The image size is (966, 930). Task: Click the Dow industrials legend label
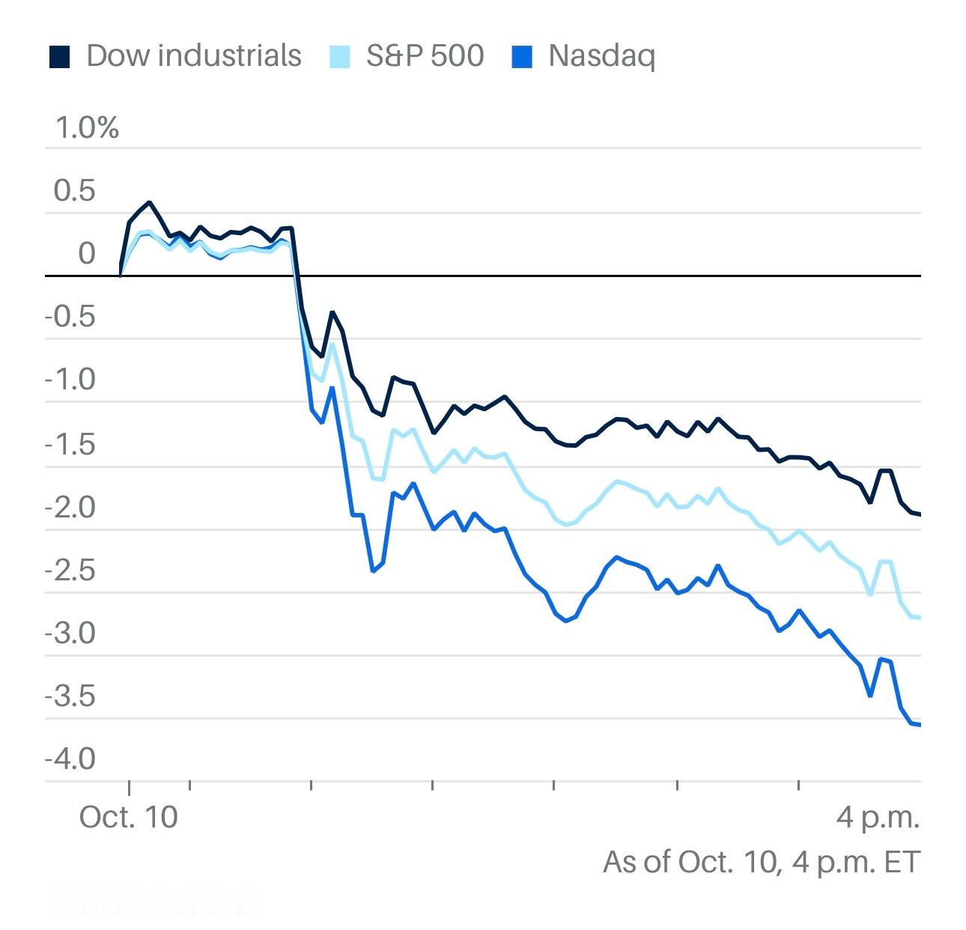pos(193,56)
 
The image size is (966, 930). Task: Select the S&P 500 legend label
pos(425,56)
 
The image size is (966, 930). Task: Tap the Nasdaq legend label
pos(601,56)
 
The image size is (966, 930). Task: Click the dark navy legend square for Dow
pos(59,57)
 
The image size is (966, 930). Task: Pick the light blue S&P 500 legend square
pos(340,57)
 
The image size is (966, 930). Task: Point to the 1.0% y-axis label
pos(87,128)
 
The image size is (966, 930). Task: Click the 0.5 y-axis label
pos(75,191)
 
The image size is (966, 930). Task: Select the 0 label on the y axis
pos(87,254)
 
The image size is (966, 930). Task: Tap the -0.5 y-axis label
pos(70,317)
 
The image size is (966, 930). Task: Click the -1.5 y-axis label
pos(70,444)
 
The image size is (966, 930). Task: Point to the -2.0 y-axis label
pos(70,508)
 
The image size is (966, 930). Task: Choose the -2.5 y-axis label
pos(70,571)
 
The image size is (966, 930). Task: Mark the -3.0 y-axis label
pos(70,633)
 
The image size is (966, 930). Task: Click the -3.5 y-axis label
pos(70,696)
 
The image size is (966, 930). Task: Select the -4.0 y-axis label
pos(70,759)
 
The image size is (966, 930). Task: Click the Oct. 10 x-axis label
pos(129,816)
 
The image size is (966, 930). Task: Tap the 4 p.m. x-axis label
pos(878,817)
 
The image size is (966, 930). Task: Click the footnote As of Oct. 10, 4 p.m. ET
pos(761,862)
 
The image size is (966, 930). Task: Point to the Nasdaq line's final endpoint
pos(919,724)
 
